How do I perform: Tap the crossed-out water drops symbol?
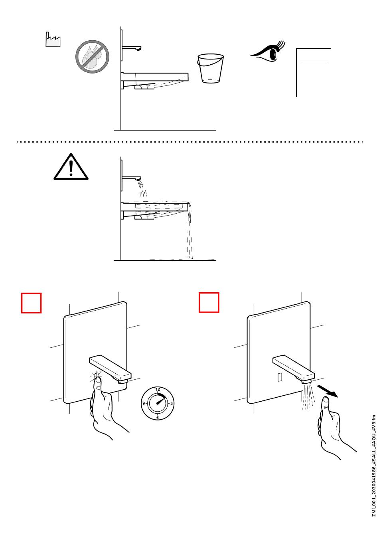pyautogui.click(x=92, y=57)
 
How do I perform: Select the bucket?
pyautogui.click(x=210, y=68)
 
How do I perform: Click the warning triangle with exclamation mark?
pyautogui.click(x=71, y=167)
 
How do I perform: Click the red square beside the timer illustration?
pyautogui.click(x=31, y=303)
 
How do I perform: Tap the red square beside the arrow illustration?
pyautogui.click(x=209, y=302)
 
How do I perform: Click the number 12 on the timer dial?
pyautogui.click(x=158, y=389)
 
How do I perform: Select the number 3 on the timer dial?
pyautogui.click(x=171, y=403)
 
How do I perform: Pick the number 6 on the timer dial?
pyautogui.click(x=158, y=418)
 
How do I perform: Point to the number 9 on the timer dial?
pyautogui.click(x=144, y=403)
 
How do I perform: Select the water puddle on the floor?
pyautogui.click(x=183, y=259)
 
